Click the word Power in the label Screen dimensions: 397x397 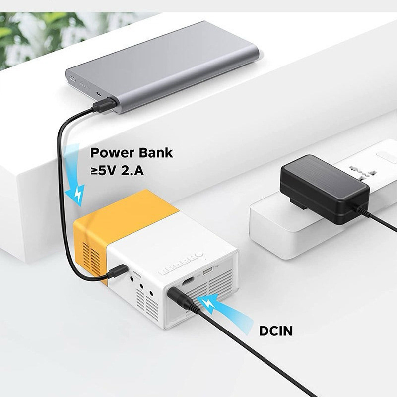point(112,153)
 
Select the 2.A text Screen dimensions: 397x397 point(132,171)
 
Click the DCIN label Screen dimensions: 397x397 point(276,331)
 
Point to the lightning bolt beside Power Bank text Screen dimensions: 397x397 point(79,193)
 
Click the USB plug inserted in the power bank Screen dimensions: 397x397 point(104,105)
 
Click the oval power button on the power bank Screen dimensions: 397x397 point(72,79)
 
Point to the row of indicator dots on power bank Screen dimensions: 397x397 point(84,86)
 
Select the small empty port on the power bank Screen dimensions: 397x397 point(98,94)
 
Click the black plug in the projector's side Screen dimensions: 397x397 point(117,271)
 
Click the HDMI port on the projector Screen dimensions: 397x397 point(188,281)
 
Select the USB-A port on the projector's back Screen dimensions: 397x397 point(208,272)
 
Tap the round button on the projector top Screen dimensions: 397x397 point(199,254)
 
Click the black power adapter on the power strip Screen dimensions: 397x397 point(325,190)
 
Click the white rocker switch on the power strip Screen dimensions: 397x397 point(387,157)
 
